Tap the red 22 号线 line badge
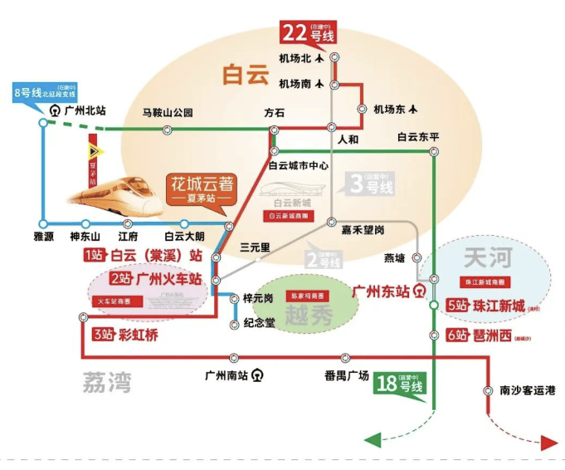309,35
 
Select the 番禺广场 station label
346,375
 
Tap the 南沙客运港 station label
522,390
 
